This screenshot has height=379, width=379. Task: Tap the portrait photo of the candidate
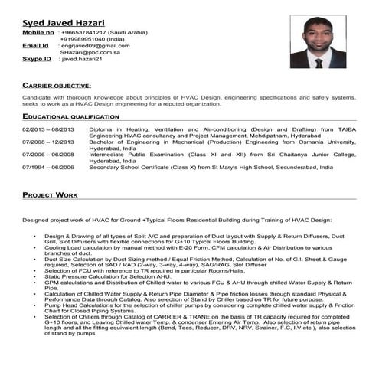[x=318, y=43]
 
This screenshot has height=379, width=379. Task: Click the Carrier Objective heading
[x=57, y=85]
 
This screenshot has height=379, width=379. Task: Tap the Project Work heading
[x=51, y=195]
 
